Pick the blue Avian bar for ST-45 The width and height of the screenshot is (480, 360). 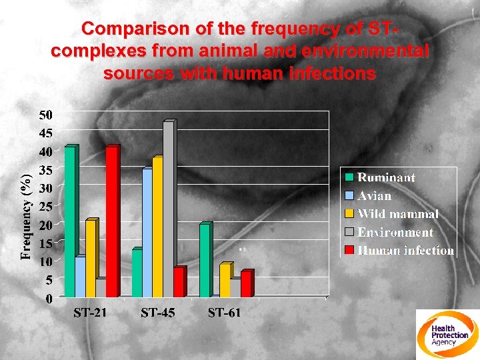click(147, 233)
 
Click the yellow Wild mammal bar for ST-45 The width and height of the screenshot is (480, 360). click(157, 227)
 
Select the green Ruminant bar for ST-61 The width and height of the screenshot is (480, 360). click(205, 261)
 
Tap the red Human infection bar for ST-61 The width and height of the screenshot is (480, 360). click(246, 284)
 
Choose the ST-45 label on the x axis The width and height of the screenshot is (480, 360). click(157, 313)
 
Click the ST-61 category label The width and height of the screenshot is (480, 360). click(225, 313)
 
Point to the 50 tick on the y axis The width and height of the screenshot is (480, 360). click(45, 115)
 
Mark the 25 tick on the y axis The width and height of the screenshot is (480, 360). click(45, 207)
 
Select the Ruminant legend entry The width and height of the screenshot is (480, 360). click(386, 177)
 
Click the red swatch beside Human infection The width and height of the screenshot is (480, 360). click(349, 251)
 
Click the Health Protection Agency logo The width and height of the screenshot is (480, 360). click(447, 334)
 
